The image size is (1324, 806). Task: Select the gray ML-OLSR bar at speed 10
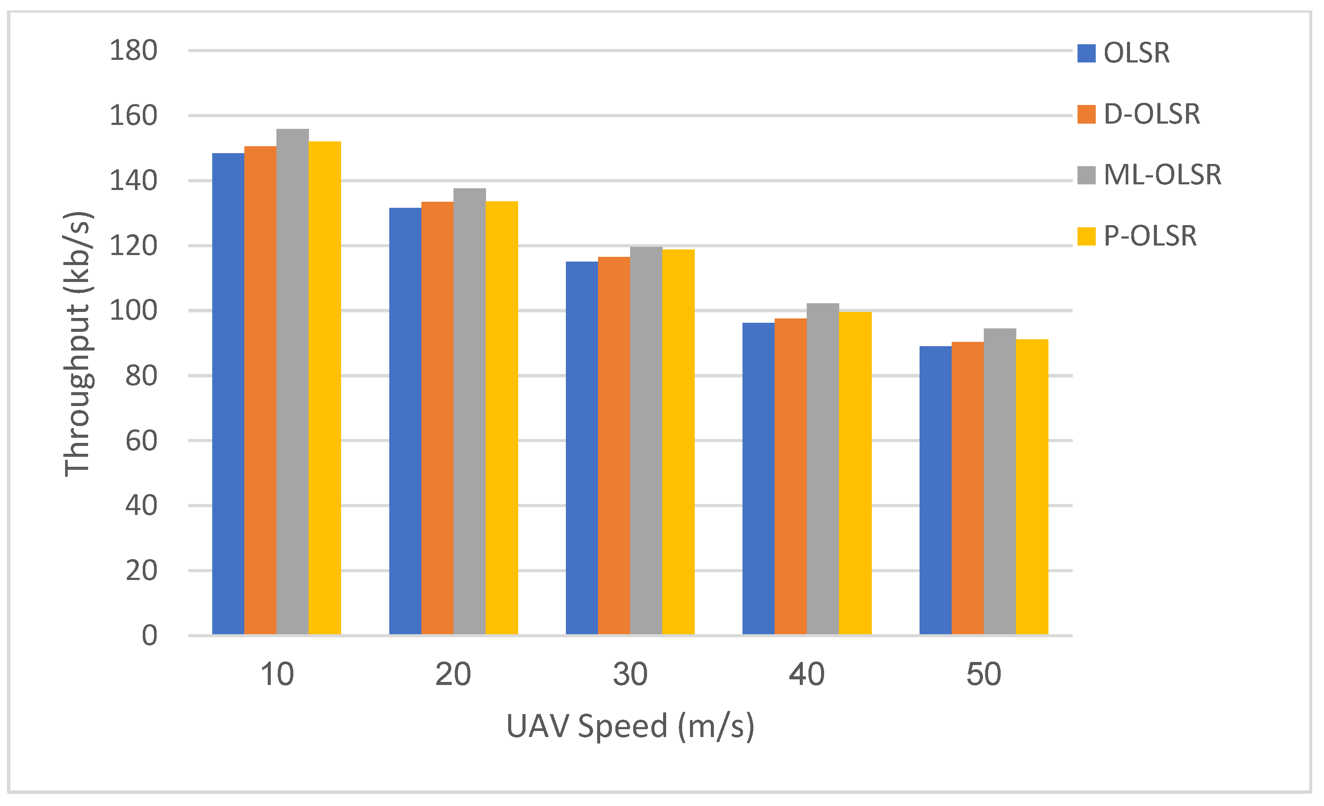(x=292, y=381)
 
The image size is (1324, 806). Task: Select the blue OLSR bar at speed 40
(x=758, y=478)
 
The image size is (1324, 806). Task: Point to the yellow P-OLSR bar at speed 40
(x=855, y=472)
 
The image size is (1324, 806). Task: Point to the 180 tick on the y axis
(x=133, y=51)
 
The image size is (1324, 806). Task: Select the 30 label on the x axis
(x=630, y=675)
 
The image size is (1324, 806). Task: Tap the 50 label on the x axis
(x=983, y=675)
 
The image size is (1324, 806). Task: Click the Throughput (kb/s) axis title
(x=78, y=344)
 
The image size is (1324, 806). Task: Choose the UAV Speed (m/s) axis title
(x=630, y=727)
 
